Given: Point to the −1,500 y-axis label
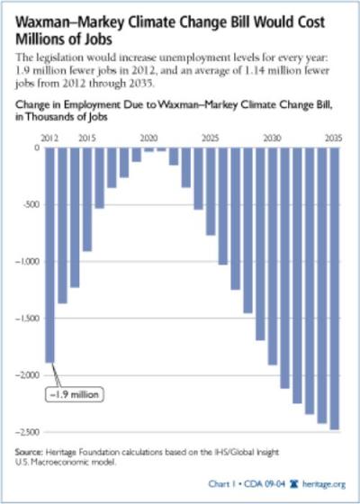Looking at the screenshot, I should pos(25,319).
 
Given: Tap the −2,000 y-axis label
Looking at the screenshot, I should pos(25,374).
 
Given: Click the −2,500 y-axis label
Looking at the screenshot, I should pos(25,431).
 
